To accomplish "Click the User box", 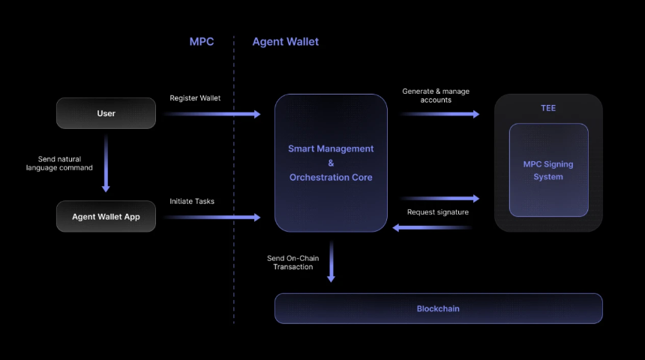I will click(106, 113).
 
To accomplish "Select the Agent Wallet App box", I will click(106, 217).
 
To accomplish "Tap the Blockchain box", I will click(438, 308).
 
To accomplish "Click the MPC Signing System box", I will click(548, 170).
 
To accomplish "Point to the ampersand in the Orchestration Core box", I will click(331, 163).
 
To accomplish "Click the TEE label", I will click(548, 108).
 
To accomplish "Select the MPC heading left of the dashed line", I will click(201, 42).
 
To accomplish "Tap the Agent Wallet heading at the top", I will click(285, 42).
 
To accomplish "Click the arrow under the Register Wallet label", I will click(212, 114).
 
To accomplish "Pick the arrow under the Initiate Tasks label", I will click(212, 217).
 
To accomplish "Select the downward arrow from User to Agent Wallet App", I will click(106, 163).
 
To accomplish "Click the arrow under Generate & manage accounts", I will click(439, 114).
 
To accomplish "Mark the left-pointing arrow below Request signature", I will click(432, 226).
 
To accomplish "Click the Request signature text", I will click(437, 212).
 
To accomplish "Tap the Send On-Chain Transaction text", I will click(292, 262).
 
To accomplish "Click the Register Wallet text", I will click(195, 98).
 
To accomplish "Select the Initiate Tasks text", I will click(192, 201).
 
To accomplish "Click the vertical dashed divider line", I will click(233, 180).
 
